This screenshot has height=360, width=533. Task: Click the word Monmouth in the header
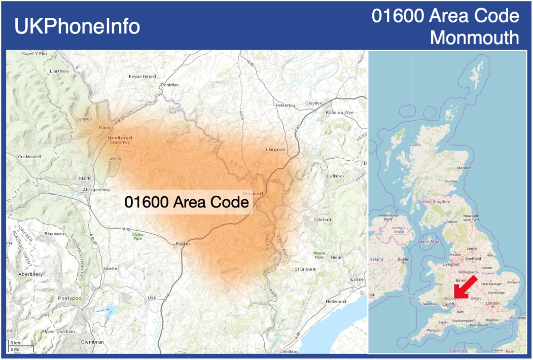coord(475,38)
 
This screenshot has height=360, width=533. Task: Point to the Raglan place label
coord(183,244)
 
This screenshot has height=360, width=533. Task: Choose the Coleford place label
coord(322,220)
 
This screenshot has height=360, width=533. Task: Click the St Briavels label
coord(305,269)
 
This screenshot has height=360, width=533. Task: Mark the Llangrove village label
coord(276,150)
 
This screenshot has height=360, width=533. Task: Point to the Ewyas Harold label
coord(143,77)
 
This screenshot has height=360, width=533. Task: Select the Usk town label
coord(152,298)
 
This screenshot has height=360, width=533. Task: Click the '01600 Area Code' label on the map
coord(187,202)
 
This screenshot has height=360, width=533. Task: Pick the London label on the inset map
coord(492,303)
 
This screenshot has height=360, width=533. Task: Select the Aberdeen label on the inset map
coord(464,168)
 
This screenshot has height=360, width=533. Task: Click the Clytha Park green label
coord(137,236)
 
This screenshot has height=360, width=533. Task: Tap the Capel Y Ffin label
coord(34,53)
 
